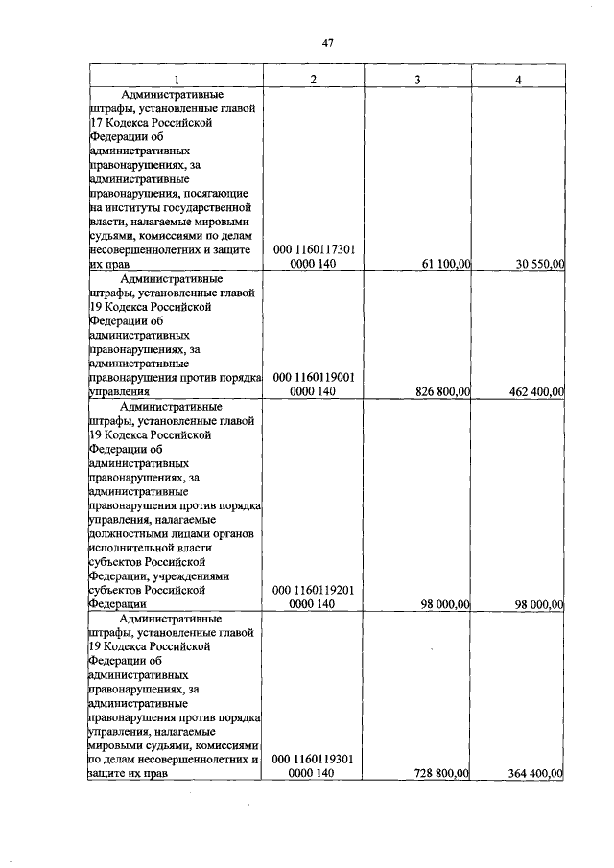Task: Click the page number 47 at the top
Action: (x=326, y=43)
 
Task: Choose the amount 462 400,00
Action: (x=530, y=392)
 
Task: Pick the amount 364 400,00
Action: (x=530, y=774)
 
